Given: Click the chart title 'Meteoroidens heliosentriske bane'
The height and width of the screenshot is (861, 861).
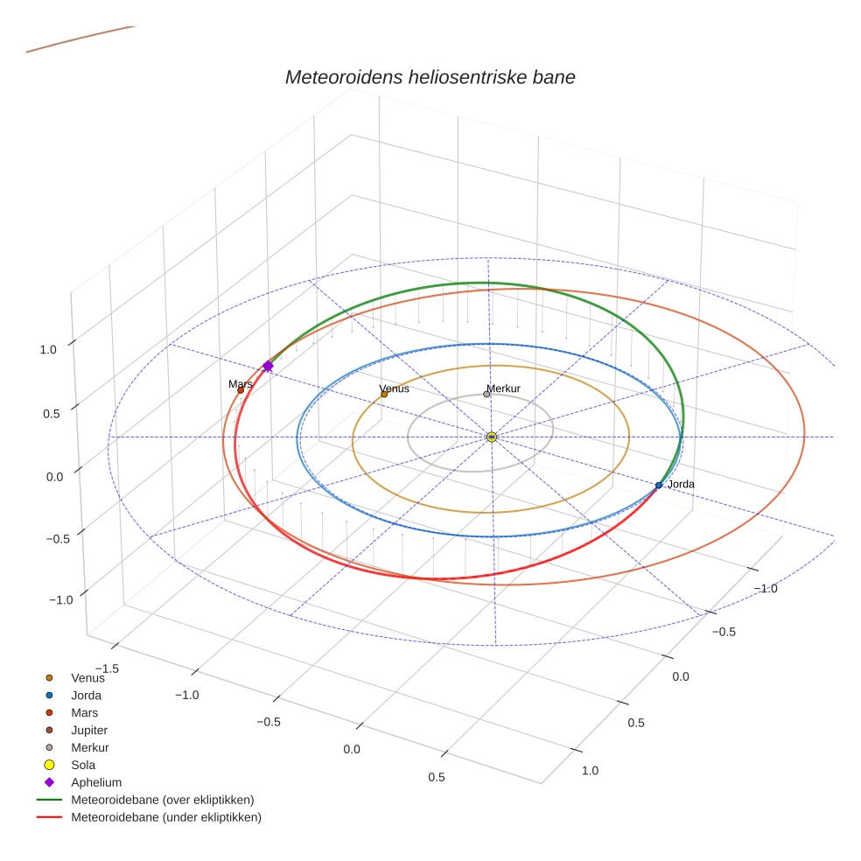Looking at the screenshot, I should click(x=430, y=77).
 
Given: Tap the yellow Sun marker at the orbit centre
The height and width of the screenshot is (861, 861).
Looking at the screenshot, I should click(x=491, y=437).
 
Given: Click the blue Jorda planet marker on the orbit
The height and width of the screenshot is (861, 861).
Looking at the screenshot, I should click(x=659, y=485).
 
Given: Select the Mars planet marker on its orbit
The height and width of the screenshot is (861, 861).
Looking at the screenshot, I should click(x=241, y=390).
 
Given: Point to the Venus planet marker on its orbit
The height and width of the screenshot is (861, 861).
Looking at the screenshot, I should click(x=384, y=395).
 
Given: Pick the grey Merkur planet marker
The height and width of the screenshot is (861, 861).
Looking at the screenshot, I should click(x=486, y=394).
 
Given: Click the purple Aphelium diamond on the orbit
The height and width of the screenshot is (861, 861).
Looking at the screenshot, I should click(x=268, y=366).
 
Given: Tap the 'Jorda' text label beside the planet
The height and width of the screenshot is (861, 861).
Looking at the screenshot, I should click(x=681, y=484).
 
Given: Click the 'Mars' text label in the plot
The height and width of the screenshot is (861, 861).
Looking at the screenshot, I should click(x=241, y=384).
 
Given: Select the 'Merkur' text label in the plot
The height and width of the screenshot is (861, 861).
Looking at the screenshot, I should click(x=504, y=388).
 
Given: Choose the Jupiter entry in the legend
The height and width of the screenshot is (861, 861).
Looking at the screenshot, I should click(x=89, y=730).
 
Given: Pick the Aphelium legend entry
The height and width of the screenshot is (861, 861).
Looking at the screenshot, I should click(x=95, y=782).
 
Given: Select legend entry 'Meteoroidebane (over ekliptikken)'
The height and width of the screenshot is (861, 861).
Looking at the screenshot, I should click(x=162, y=800).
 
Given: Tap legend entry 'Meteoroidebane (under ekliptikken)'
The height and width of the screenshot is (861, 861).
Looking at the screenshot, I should click(x=165, y=817).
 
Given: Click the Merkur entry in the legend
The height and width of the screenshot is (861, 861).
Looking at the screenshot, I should click(x=89, y=747).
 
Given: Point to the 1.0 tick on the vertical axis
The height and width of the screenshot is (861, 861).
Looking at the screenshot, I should click(x=47, y=349).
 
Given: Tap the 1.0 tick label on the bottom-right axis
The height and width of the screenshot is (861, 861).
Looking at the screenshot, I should click(x=590, y=771).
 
